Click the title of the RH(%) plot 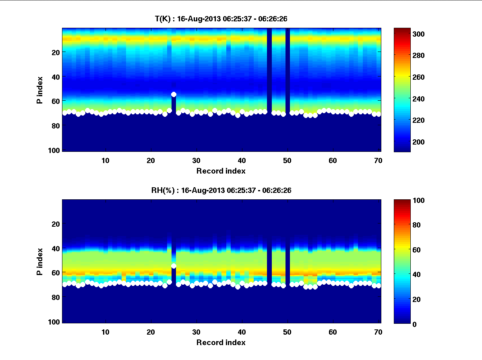pyautogui.click(x=221, y=190)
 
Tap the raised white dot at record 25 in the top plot pyautogui.click(x=174, y=94)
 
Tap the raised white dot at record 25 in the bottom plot pyautogui.click(x=174, y=266)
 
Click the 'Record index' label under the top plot pyautogui.click(x=221, y=171)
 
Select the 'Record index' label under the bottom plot pyautogui.click(x=221, y=342)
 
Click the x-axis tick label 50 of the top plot pyautogui.click(x=287, y=160)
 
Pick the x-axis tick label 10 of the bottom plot pyautogui.click(x=106, y=332)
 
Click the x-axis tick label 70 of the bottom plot pyautogui.click(x=378, y=332)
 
